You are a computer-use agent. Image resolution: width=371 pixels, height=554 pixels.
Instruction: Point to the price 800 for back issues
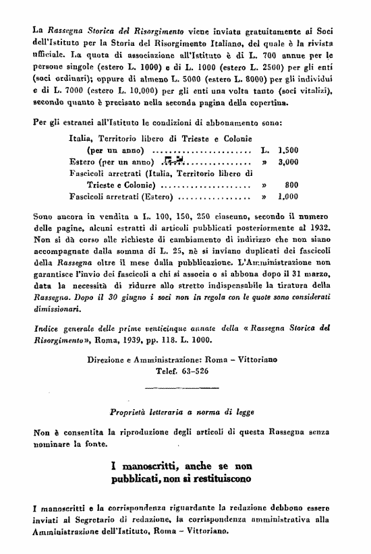tap(291, 185)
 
